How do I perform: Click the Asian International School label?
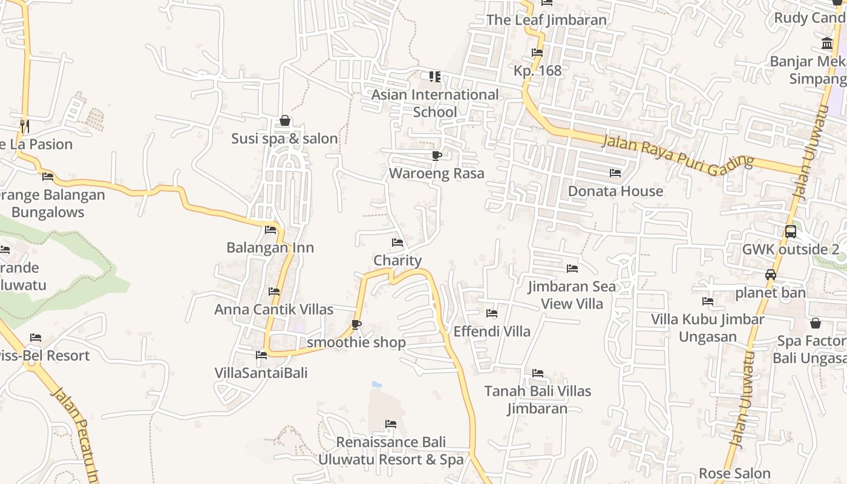(435, 103)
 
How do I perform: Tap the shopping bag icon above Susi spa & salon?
(285, 121)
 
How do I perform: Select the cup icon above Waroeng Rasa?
(437, 156)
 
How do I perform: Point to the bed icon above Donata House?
(615, 173)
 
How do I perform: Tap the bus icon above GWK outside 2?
(790, 232)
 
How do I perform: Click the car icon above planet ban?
(771, 275)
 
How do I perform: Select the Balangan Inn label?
(270, 247)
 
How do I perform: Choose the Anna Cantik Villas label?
(273, 309)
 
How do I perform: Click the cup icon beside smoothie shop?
(356, 325)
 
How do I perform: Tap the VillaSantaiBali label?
(261, 373)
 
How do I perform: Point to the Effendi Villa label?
(492, 332)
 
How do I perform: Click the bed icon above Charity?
(397, 243)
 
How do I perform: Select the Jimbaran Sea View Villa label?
(572, 295)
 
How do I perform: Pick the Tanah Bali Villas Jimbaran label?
(538, 399)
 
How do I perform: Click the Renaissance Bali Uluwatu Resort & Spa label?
(391, 451)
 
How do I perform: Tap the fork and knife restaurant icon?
(24, 126)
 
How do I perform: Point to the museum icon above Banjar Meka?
(827, 43)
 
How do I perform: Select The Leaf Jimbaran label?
(546, 20)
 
